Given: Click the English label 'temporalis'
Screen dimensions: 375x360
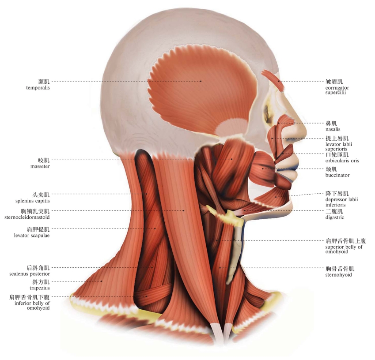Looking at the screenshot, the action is pyautogui.click(x=38, y=88).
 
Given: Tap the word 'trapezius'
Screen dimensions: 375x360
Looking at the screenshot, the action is pyautogui.click(x=38, y=288).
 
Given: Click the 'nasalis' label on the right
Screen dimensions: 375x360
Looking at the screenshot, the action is pyautogui.click(x=333, y=129).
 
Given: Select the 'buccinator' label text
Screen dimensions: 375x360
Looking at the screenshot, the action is pyautogui.click(x=337, y=175).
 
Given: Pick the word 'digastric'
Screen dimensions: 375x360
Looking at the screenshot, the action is pyautogui.click(x=334, y=217).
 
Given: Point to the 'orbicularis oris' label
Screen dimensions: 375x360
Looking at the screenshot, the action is pyautogui.click(x=342, y=161).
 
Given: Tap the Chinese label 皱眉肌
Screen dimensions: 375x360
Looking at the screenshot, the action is pyautogui.click(x=334, y=81).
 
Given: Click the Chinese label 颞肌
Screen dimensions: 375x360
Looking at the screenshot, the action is pyautogui.click(x=44, y=81).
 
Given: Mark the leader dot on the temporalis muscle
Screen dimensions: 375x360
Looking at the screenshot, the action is pyautogui.click(x=200, y=81).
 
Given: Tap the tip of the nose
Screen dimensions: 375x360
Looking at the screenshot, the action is pyautogui.click(x=304, y=131).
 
